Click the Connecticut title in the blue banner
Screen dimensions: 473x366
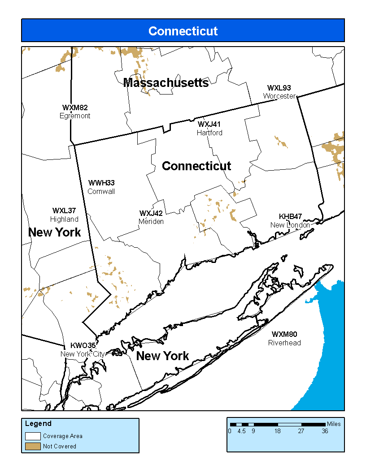(x=183, y=31)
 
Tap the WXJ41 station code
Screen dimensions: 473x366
(x=209, y=124)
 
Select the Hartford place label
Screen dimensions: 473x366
(x=209, y=133)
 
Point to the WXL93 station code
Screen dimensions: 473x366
(x=279, y=88)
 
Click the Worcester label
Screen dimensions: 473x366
(x=279, y=96)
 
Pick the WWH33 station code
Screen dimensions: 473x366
(x=101, y=183)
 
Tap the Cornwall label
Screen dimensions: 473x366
(x=101, y=191)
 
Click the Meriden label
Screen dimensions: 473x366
(x=151, y=221)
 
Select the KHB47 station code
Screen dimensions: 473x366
(x=290, y=216)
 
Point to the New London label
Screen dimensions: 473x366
(x=290, y=224)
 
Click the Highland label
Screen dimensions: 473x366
(x=64, y=219)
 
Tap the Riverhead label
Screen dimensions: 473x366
(x=284, y=343)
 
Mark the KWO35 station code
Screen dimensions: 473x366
(x=83, y=345)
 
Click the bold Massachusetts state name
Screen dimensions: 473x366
(x=166, y=83)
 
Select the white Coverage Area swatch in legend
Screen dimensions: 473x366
(x=33, y=436)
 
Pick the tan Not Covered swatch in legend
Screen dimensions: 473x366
(x=33, y=446)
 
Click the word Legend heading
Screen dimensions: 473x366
(x=38, y=424)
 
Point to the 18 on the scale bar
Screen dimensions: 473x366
(x=278, y=431)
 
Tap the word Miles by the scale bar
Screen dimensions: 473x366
(x=334, y=424)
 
